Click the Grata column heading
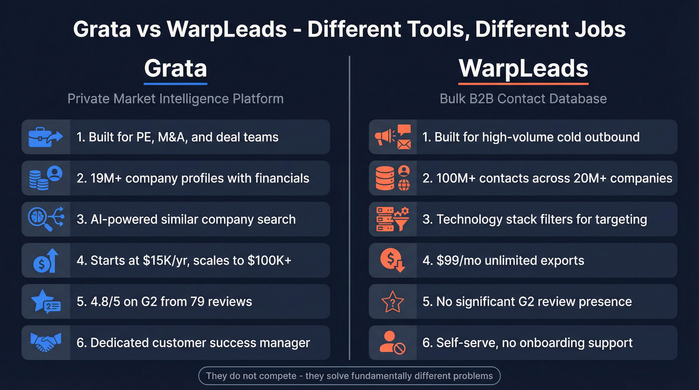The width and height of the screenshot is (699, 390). click(x=175, y=68)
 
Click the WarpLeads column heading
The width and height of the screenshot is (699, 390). click(x=523, y=68)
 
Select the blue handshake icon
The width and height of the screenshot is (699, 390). click(x=45, y=343)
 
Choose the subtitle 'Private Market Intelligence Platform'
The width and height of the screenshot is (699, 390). click(x=175, y=98)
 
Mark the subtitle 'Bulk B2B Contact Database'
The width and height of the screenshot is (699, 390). click(x=523, y=98)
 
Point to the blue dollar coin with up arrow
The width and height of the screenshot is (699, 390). click(x=45, y=260)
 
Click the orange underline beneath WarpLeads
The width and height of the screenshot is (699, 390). click(x=523, y=83)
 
